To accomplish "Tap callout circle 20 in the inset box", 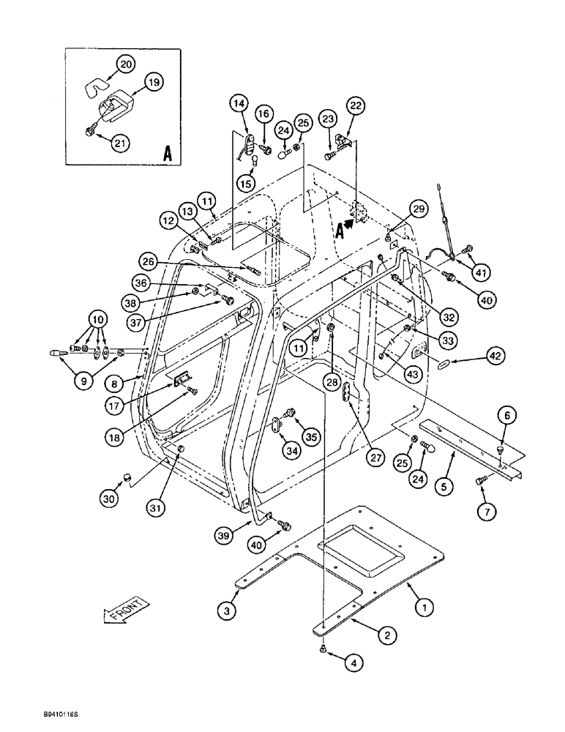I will (x=126, y=65).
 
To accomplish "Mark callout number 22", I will (x=356, y=106).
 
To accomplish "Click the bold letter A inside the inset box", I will (x=167, y=154).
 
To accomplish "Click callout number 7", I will (x=483, y=512).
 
